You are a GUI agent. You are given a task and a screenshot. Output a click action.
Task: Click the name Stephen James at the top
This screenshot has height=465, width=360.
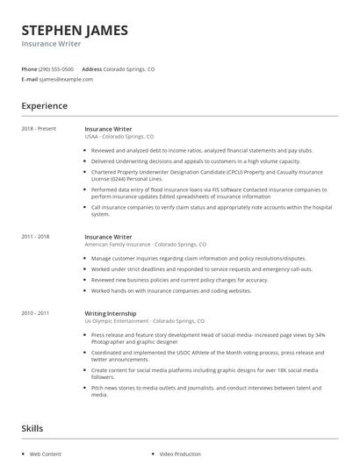pos(75,30)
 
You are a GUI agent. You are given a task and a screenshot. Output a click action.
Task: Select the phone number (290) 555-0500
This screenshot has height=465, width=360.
pos(56,68)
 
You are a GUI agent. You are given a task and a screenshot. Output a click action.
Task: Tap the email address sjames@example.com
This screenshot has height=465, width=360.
pos(66,79)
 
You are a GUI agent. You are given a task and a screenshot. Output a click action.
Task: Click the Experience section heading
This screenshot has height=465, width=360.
pos(44,106)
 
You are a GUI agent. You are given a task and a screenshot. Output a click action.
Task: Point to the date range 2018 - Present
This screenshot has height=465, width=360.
pos(39,129)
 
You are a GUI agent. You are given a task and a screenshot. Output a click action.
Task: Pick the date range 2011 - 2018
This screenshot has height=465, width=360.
pos(35,237)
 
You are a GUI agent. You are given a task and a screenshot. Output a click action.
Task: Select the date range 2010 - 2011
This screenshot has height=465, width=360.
pos(35,313)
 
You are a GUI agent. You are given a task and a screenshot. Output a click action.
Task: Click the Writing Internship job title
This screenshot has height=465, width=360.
pos(110,313)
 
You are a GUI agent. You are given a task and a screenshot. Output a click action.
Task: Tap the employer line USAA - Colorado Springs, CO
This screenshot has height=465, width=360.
pos(119,137)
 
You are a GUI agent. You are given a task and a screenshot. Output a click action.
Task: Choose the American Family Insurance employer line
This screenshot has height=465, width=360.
pos(145,245)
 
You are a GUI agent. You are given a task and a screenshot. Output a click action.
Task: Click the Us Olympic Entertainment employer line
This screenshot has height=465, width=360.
pos(144,321)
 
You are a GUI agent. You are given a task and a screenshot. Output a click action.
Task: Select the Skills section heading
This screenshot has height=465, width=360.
pos(32,428)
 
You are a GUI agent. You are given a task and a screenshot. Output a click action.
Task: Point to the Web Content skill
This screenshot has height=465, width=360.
pos(46,454)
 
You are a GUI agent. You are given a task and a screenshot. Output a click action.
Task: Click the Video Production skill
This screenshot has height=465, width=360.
pos(181,454)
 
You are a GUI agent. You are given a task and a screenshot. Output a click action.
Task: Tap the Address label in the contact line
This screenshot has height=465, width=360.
pos(91,68)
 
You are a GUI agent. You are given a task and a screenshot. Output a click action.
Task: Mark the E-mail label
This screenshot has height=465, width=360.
pos(29,79)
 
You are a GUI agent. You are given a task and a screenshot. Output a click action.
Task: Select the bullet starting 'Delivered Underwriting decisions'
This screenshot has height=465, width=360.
pos(195,161)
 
